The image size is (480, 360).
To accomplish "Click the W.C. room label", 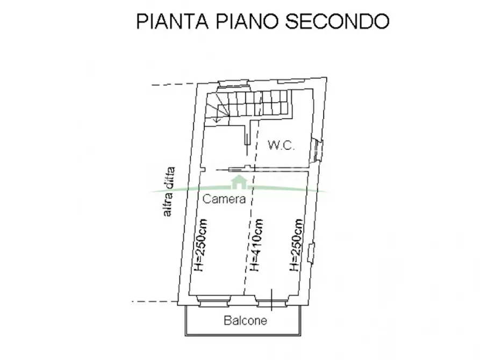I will click(x=281, y=145).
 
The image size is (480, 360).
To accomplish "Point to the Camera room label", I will click(x=224, y=199).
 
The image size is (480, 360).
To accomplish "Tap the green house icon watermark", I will click(x=238, y=183).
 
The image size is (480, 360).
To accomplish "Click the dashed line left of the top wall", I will click(x=173, y=84).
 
